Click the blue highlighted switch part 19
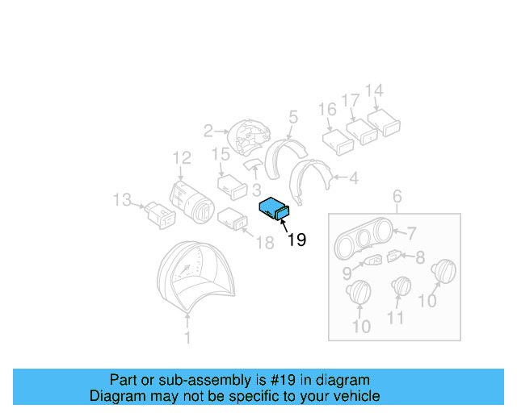coord(274,209)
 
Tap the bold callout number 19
coord(296,240)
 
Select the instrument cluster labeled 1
coord(195,276)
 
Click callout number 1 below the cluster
coord(187,338)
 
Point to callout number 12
coord(182,158)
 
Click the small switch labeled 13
coord(161,215)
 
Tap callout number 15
coord(221,154)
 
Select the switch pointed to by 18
coord(233,219)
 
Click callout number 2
coord(208,131)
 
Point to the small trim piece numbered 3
coord(253,164)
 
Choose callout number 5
coord(293,117)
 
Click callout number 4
coord(354,178)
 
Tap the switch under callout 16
coord(338,142)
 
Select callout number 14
coord(374,90)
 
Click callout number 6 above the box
coord(397,196)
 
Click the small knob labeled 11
coord(401,286)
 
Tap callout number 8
coord(420,257)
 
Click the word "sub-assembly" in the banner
coord(205,380)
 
